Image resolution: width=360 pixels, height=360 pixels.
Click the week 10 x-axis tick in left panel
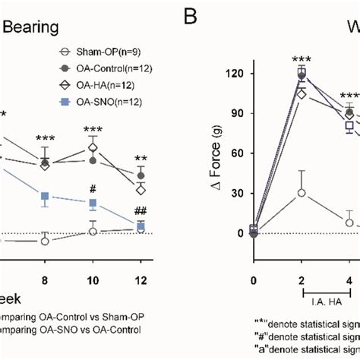coord(93,259)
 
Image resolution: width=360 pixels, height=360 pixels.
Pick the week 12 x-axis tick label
coord(140,259)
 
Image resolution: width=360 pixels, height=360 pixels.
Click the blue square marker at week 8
coord(45,197)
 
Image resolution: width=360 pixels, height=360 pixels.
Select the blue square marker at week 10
coord(93,204)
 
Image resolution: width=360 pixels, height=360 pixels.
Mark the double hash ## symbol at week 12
coord(140,210)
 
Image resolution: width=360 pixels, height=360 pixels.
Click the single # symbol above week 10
coord(93,188)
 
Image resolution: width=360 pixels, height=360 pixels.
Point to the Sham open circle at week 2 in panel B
coord(302,193)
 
